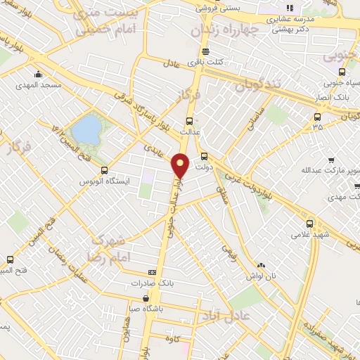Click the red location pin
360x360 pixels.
click(181, 165)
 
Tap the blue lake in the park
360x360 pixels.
click(87, 129)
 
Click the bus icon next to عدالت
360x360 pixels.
click(188, 121)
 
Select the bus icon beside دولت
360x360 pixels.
click(205, 157)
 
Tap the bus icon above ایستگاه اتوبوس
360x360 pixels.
click(105, 169)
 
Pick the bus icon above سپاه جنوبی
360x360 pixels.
click(342, 72)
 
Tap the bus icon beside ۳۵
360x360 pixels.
click(318, 117)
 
